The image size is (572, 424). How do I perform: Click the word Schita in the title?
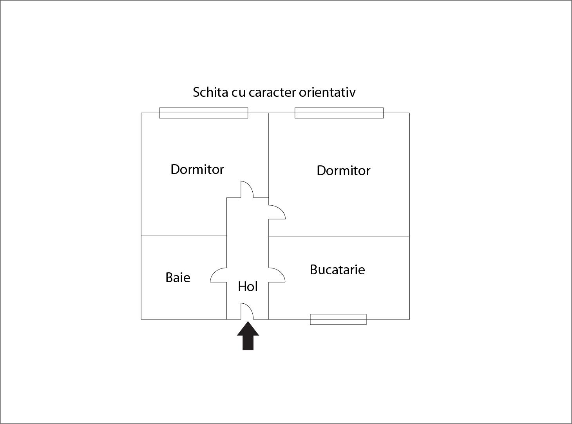210,92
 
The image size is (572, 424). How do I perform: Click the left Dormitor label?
197,169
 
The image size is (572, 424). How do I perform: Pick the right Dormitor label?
344,170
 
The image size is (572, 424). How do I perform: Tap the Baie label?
178,278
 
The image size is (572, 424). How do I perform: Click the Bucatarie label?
337,270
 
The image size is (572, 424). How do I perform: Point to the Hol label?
248,286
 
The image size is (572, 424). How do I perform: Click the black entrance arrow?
248,335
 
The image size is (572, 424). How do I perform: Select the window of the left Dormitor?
203,113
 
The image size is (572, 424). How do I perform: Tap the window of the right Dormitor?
339,113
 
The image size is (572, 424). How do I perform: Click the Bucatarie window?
338,319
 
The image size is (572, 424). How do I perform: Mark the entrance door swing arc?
247,311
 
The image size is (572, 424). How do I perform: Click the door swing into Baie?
219,275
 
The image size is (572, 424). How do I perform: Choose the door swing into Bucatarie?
277,275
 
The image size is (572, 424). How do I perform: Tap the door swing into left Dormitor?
247,189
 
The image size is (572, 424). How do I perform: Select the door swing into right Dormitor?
277,212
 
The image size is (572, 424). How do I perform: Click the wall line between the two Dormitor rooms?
269,155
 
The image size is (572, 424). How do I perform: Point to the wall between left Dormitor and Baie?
184,236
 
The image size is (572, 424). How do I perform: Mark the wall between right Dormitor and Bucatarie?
339,237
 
